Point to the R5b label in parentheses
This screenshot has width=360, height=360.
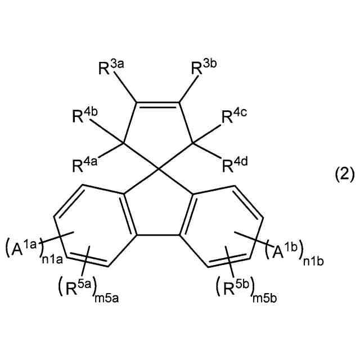pyautogui.click(x=236, y=288)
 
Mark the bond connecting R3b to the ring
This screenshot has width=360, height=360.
pyautogui.click(x=187, y=91)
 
